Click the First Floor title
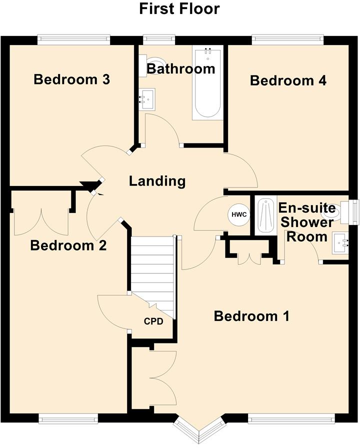tap(179, 9)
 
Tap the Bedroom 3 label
tap(71, 79)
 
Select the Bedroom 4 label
tap(288, 80)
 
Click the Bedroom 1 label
tap(251, 316)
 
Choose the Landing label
tap(157, 181)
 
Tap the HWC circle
tap(238, 215)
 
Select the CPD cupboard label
tap(153, 321)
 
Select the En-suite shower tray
tap(263, 215)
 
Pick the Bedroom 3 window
tap(73, 36)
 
